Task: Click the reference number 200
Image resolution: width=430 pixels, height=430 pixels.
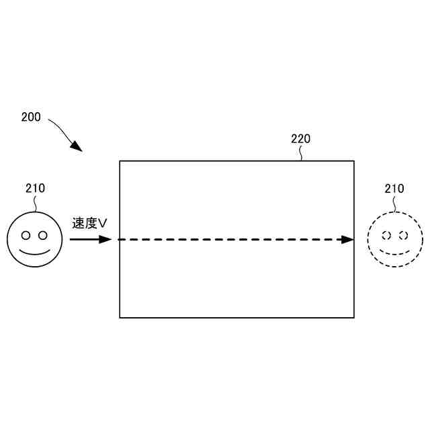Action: pos(31,117)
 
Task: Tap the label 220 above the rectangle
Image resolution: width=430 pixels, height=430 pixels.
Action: pos(300,139)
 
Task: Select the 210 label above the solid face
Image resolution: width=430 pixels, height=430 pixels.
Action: pos(35,188)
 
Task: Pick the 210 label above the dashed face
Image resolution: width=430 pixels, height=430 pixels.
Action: pos(394,189)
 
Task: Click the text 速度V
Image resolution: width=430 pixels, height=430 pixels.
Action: pos(90,222)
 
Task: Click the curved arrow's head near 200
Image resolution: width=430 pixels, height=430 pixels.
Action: pos(77,146)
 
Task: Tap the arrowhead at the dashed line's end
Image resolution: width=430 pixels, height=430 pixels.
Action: pos(347,239)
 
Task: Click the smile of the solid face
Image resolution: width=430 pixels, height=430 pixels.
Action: pos(34,253)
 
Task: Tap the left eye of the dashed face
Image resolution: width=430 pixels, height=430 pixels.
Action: pos(386,235)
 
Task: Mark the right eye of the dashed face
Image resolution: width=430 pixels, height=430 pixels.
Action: pos(403,235)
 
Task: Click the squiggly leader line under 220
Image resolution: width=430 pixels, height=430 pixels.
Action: pos(302,154)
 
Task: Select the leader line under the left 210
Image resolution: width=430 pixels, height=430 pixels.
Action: pos(35,203)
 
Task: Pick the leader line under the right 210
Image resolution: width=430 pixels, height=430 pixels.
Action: pos(394,203)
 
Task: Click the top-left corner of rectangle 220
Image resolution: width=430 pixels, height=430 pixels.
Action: pos(120,161)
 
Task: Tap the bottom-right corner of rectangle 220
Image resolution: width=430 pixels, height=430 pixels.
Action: pos(354,317)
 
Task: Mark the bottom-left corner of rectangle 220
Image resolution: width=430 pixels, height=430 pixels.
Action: pos(120,317)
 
